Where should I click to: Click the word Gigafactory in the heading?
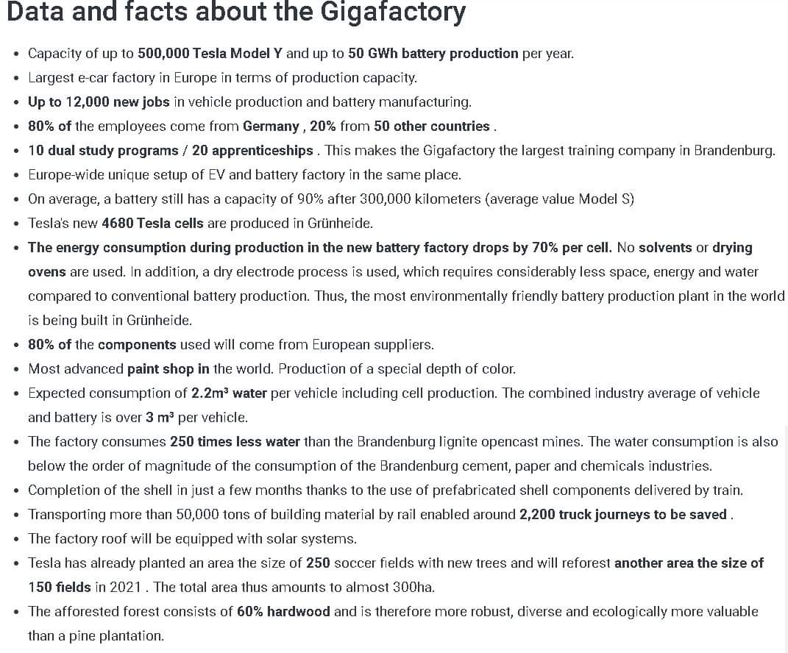[397, 13]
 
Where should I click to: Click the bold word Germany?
[271, 126]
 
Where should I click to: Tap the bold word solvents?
[665, 247]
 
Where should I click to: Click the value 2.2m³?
[209, 393]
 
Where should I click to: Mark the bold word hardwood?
[298, 611]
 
